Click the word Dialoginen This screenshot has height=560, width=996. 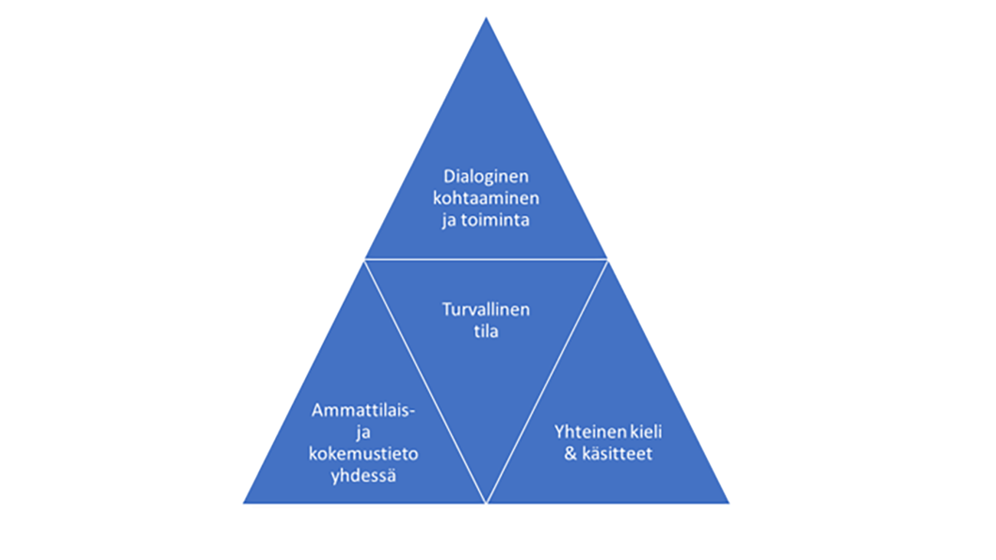[486, 177]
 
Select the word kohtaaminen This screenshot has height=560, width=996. [486, 198]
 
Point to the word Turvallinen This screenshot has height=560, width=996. [486, 310]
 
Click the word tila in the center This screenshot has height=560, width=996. [486, 332]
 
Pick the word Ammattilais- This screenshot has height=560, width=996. [363, 411]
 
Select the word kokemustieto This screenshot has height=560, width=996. [363, 454]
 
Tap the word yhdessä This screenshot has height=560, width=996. [363, 475]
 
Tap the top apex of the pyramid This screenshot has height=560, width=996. [486, 19]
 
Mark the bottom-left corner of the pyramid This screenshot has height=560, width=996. [245, 503]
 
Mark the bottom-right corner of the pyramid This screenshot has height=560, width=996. [727, 503]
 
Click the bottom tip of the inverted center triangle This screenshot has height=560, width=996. [486, 502]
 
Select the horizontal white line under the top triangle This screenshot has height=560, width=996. [486, 260]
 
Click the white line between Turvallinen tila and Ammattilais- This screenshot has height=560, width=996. [425, 381]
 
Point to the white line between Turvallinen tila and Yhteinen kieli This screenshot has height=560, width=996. [547, 381]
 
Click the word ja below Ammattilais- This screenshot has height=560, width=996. [363, 432]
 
